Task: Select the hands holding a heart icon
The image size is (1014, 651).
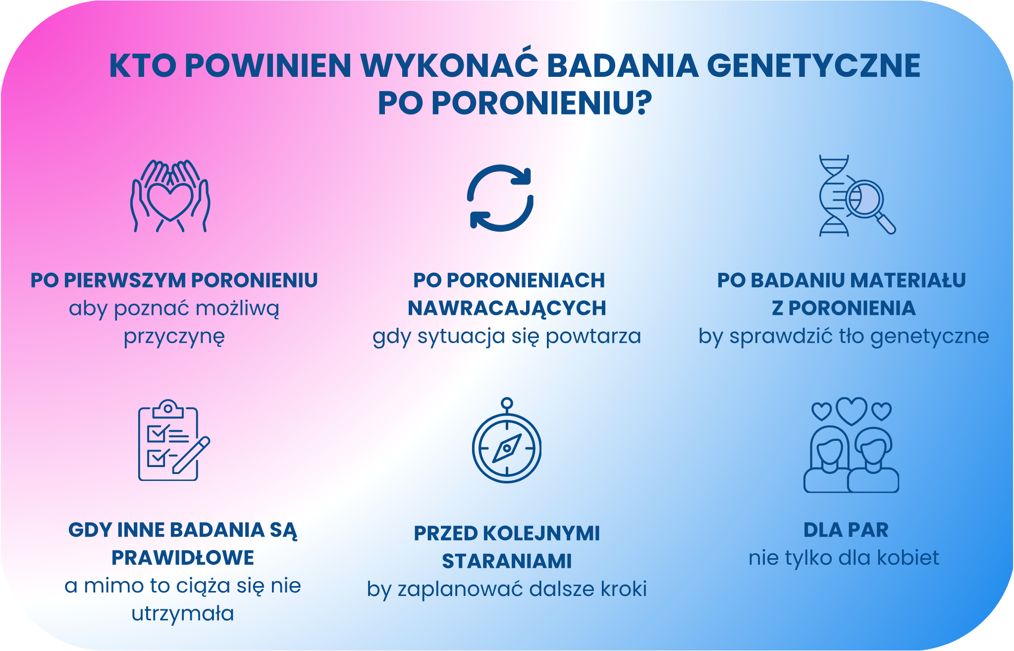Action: click(x=170, y=196)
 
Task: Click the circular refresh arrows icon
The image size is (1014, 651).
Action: click(x=500, y=198)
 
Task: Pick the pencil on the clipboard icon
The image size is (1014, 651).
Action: click(x=191, y=455)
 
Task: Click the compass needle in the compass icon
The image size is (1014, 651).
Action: click(x=507, y=448)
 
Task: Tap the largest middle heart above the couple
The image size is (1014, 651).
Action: click(x=851, y=410)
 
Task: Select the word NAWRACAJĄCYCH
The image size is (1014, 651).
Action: click(x=507, y=308)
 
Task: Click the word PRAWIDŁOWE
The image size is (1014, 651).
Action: click(x=183, y=558)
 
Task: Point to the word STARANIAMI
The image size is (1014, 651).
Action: click(x=507, y=562)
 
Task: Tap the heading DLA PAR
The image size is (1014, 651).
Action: click(x=846, y=530)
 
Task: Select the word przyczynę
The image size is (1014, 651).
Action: click(x=174, y=337)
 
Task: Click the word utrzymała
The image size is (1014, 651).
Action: click(x=183, y=614)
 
